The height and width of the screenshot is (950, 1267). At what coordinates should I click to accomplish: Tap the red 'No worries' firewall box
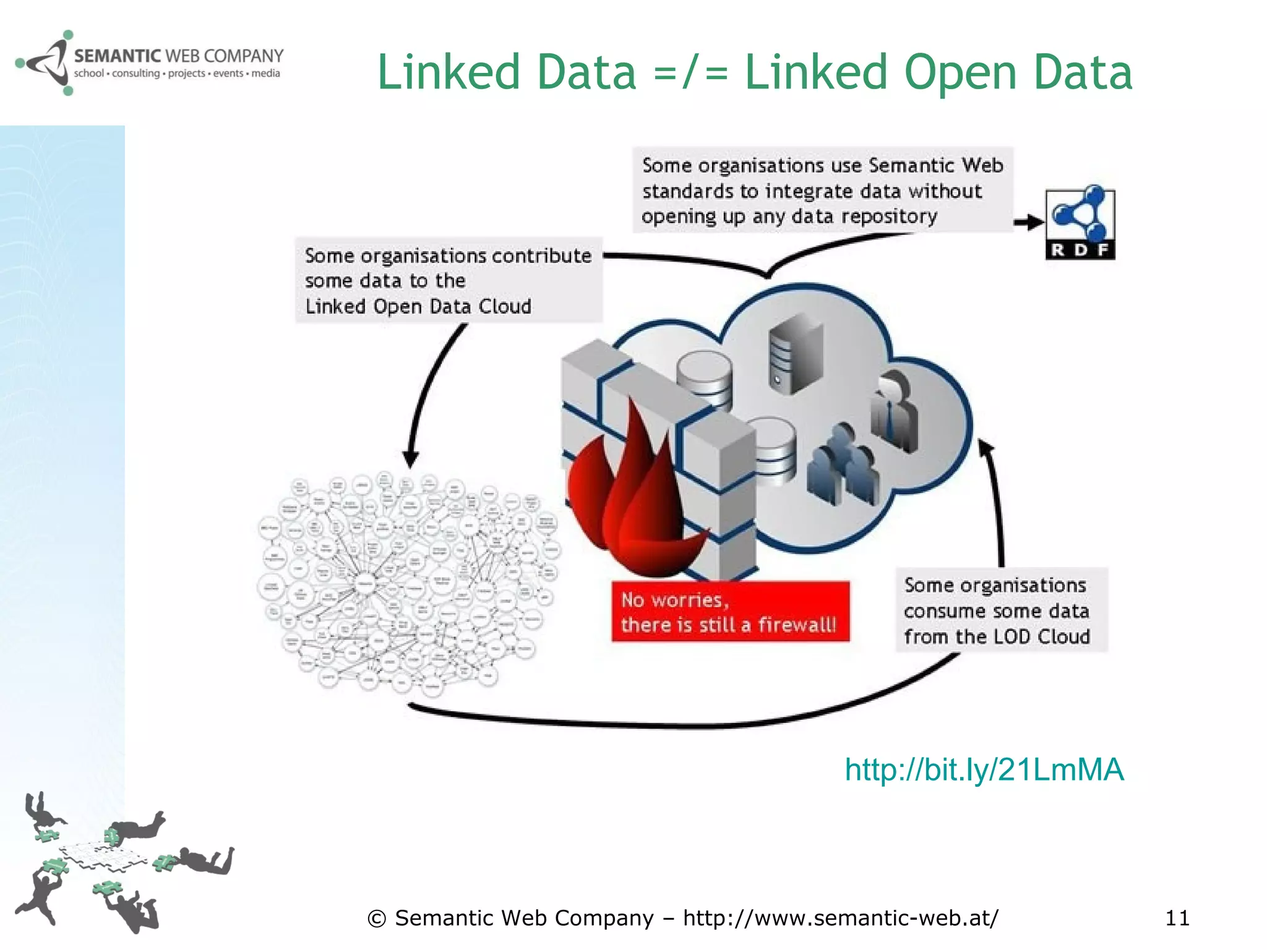pyautogui.click(x=730, y=612)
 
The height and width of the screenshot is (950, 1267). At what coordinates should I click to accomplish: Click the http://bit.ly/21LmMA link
pyautogui.click(x=984, y=770)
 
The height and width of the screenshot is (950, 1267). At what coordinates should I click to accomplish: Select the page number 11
pyautogui.click(x=1177, y=918)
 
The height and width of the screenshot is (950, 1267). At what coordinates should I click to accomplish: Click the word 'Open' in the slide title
pyautogui.click(x=960, y=72)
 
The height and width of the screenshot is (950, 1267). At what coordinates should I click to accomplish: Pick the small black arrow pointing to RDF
pyautogui.click(x=1028, y=222)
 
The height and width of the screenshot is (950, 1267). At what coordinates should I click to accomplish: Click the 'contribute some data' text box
pyautogui.click(x=448, y=280)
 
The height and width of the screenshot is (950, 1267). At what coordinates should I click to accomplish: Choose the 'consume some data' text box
pyautogui.click(x=1001, y=610)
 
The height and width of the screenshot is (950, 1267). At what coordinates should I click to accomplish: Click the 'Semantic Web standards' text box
pyautogui.click(x=822, y=190)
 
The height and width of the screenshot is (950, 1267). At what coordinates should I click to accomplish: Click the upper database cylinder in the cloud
pyautogui.click(x=704, y=377)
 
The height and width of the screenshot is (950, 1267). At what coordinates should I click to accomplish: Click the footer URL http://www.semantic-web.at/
pyautogui.click(x=840, y=918)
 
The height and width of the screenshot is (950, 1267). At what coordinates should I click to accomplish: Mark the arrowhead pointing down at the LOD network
pyautogui.click(x=411, y=460)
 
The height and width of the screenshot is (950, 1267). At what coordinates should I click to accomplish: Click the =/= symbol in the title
pyautogui.click(x=690, y=72)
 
